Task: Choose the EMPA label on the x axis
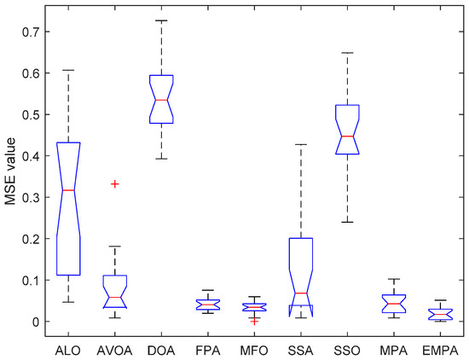pyautogui.click(x=439, y=348)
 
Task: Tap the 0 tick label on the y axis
pyautogui.click(x=34, y=322)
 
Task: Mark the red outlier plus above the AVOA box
pyautogui.click(x=114, y=183)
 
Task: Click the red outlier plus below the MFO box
pyautogui.click(x=254, y=321)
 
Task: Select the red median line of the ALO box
pyautogui.click(x=68, y=189)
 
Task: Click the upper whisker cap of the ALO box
pyautogui.click(x=68, y=70)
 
